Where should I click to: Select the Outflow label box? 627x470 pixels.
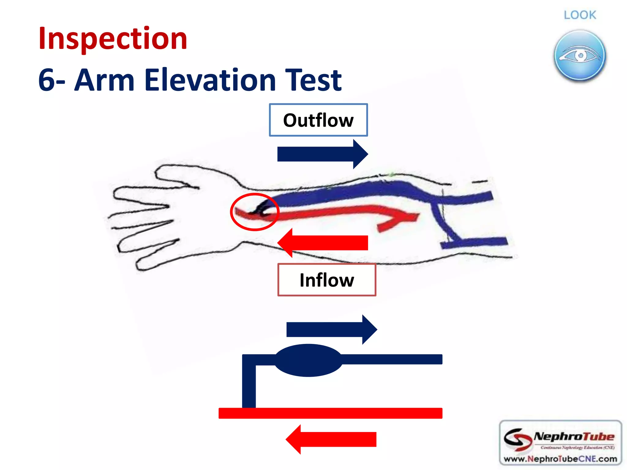coord(318,120)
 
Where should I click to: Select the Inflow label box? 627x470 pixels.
coord(326,280)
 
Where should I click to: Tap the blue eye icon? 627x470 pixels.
coord(580,56)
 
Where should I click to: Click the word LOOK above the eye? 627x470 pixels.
coord(580,15)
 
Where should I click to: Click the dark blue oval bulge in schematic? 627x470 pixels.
coord(308,360)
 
